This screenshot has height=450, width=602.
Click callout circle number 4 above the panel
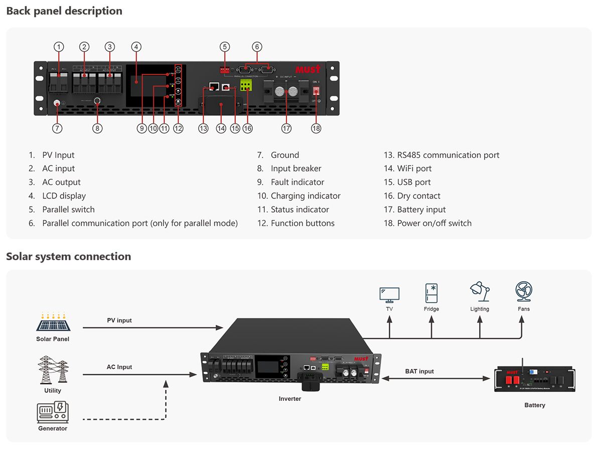tap(136, 47)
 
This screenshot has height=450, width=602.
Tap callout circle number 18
tap(316, 128)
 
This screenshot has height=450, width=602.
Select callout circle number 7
tap(58, 128)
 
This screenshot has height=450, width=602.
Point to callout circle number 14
tap(221, 128)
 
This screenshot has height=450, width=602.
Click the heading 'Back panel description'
tap(64, 11)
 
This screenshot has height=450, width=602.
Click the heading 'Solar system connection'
tap(68, 257)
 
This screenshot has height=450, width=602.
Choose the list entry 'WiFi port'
tap(414, 169)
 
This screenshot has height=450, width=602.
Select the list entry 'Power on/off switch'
tap(434, 223)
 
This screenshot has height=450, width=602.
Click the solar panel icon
tap(53, 323)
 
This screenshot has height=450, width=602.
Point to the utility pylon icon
tap(53, 370)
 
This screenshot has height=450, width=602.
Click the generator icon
tap(53, 412)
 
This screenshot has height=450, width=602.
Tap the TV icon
tap(389, 295)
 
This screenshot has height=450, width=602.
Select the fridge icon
tap(431, 293)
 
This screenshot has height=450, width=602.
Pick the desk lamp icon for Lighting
tap(480, 292)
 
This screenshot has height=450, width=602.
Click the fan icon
tap(523, 292)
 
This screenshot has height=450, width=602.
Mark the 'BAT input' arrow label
tap(419, 371)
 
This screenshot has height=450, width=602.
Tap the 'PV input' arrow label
tap(119, 320)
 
